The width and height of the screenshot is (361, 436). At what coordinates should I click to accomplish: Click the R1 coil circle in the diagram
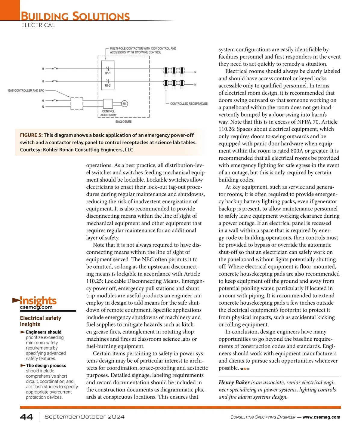coord(125,104)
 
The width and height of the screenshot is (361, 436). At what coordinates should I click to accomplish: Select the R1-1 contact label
coord(108,73)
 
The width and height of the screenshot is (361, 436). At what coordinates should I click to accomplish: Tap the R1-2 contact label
coord(108,86)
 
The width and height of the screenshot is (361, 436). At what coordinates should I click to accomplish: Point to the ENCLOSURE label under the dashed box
coord(123,122)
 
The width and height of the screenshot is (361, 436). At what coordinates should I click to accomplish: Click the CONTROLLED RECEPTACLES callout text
coord(189,104)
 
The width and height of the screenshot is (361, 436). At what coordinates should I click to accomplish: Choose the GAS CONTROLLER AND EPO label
coord(26,91)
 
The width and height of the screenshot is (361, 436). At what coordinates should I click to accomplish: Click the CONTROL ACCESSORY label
coord(108,113)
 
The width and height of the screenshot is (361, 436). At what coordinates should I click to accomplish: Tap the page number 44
coord(26,417)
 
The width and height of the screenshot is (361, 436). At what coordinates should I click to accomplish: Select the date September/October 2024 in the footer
coord(85,417)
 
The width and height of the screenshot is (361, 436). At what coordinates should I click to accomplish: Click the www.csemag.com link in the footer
coord(321,417)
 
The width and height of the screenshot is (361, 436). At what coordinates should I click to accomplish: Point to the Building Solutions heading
coord(75,16)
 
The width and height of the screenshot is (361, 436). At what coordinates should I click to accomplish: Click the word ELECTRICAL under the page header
coord(38,25)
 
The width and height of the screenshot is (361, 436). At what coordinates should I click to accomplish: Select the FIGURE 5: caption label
coord(31,135)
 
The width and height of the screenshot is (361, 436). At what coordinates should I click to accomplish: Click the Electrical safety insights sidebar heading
coord(40,321)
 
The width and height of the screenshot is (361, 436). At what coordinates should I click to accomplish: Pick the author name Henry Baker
coord(234,382)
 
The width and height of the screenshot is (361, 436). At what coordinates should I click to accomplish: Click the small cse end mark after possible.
coord(245,369)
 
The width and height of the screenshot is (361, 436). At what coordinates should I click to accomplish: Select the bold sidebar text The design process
coord(46,366)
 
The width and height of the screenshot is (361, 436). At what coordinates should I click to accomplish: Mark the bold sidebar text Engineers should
coord(44,332)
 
